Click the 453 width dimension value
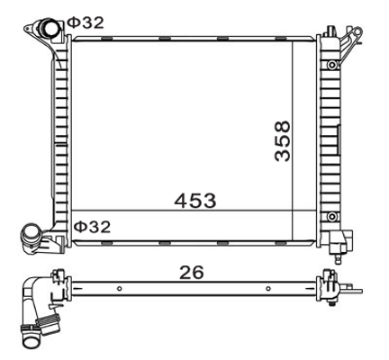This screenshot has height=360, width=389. pos(195,200)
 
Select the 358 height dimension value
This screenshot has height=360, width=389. pos(283,141)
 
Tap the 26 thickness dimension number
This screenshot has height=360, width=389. pos(191,272)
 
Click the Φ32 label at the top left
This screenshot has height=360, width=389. pos(86,22)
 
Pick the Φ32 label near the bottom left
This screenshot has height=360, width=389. pos(92,227)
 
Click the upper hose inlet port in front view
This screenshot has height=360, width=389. pos(48,28)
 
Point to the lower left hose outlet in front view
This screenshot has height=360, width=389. pos(31,235)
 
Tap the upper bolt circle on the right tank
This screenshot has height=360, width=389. pos(332,65)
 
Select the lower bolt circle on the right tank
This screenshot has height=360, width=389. pos(332,216)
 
